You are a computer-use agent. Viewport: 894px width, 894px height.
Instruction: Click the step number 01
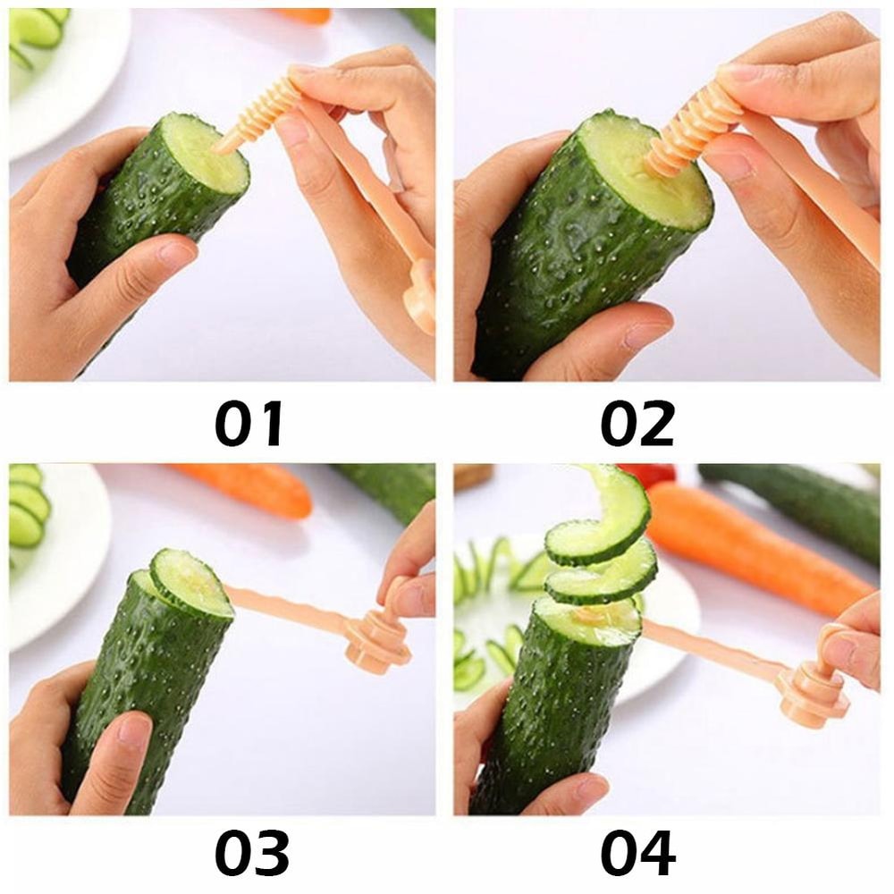coord(249,423)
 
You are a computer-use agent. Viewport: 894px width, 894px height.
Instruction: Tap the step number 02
coord(637,423)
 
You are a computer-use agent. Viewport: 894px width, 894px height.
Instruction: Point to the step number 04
coord(637,851)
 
